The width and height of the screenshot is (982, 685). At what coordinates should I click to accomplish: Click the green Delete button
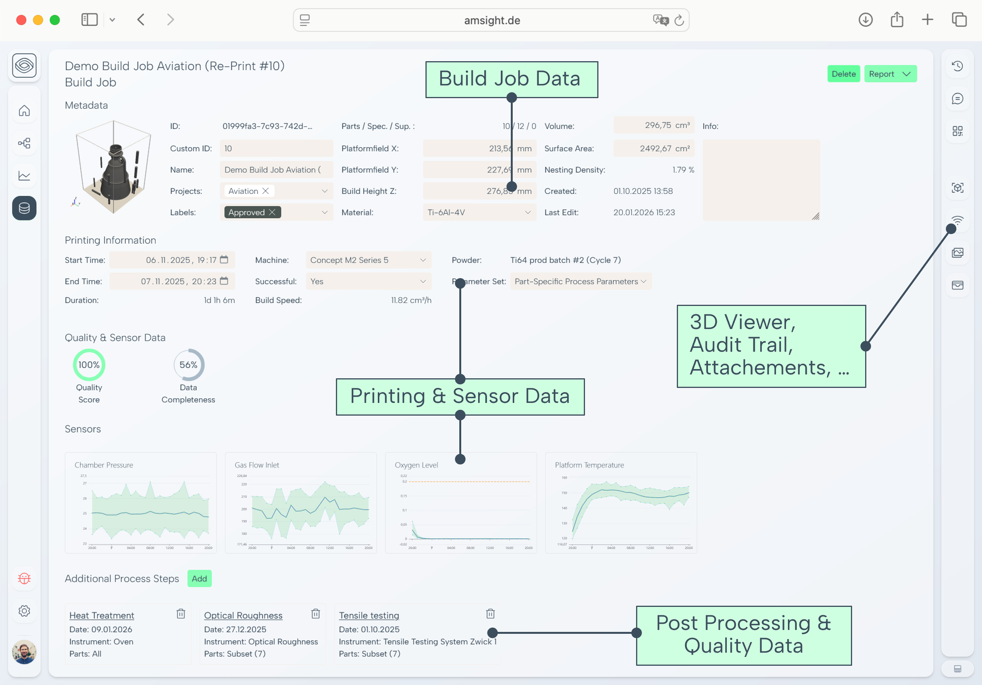pos(843,74)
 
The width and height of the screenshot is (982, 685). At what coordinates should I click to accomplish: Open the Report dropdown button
pos(890,74)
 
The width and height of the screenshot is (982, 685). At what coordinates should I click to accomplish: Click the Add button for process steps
pos(199,578)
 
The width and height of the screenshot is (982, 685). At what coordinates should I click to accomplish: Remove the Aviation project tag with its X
pos(266,191)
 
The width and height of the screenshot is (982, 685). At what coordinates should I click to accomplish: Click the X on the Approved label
pos(272,212)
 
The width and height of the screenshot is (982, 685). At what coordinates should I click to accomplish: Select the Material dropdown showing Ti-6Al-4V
pos(479,212)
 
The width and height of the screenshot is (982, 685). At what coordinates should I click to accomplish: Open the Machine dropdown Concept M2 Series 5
pos(368,260)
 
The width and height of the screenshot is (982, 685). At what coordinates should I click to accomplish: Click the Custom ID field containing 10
pos(276,149)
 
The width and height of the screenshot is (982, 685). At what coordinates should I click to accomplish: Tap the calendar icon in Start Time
pos(224,260)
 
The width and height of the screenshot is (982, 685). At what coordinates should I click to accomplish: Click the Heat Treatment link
pos(102,615)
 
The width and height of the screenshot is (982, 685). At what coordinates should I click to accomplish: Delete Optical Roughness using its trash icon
pos(316,614)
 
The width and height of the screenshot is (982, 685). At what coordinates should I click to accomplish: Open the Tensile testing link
pos(369,615)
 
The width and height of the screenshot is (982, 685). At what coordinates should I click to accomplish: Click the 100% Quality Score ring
pos(89,365)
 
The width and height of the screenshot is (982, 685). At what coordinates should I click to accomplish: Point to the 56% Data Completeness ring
pos(189,365)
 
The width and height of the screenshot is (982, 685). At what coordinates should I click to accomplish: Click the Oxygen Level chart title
pos(416,465)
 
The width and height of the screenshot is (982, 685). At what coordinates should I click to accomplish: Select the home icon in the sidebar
pos(24,111)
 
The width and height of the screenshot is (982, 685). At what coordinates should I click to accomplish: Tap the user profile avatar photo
pos(24,652)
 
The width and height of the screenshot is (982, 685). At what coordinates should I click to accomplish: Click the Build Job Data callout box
pos(511,80)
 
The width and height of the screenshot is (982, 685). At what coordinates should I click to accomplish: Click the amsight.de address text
pos(492,20)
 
